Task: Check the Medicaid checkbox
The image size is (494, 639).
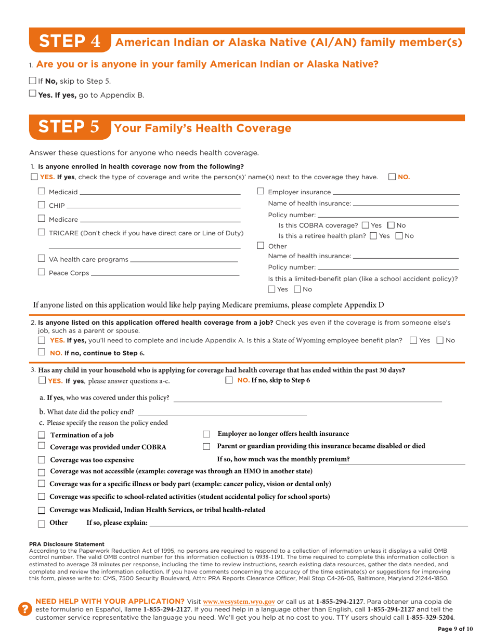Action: [42, 192]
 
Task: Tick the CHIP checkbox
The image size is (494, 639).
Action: [42, 206]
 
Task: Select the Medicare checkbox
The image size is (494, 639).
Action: [42, 219]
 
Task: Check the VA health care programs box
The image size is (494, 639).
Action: [42, 259]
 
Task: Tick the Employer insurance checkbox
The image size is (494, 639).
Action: [261, 192]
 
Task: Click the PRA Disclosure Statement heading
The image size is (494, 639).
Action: [67, 544]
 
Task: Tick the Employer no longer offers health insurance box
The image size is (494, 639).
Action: [206, 434]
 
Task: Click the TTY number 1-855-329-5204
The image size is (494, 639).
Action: [430, 617]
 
